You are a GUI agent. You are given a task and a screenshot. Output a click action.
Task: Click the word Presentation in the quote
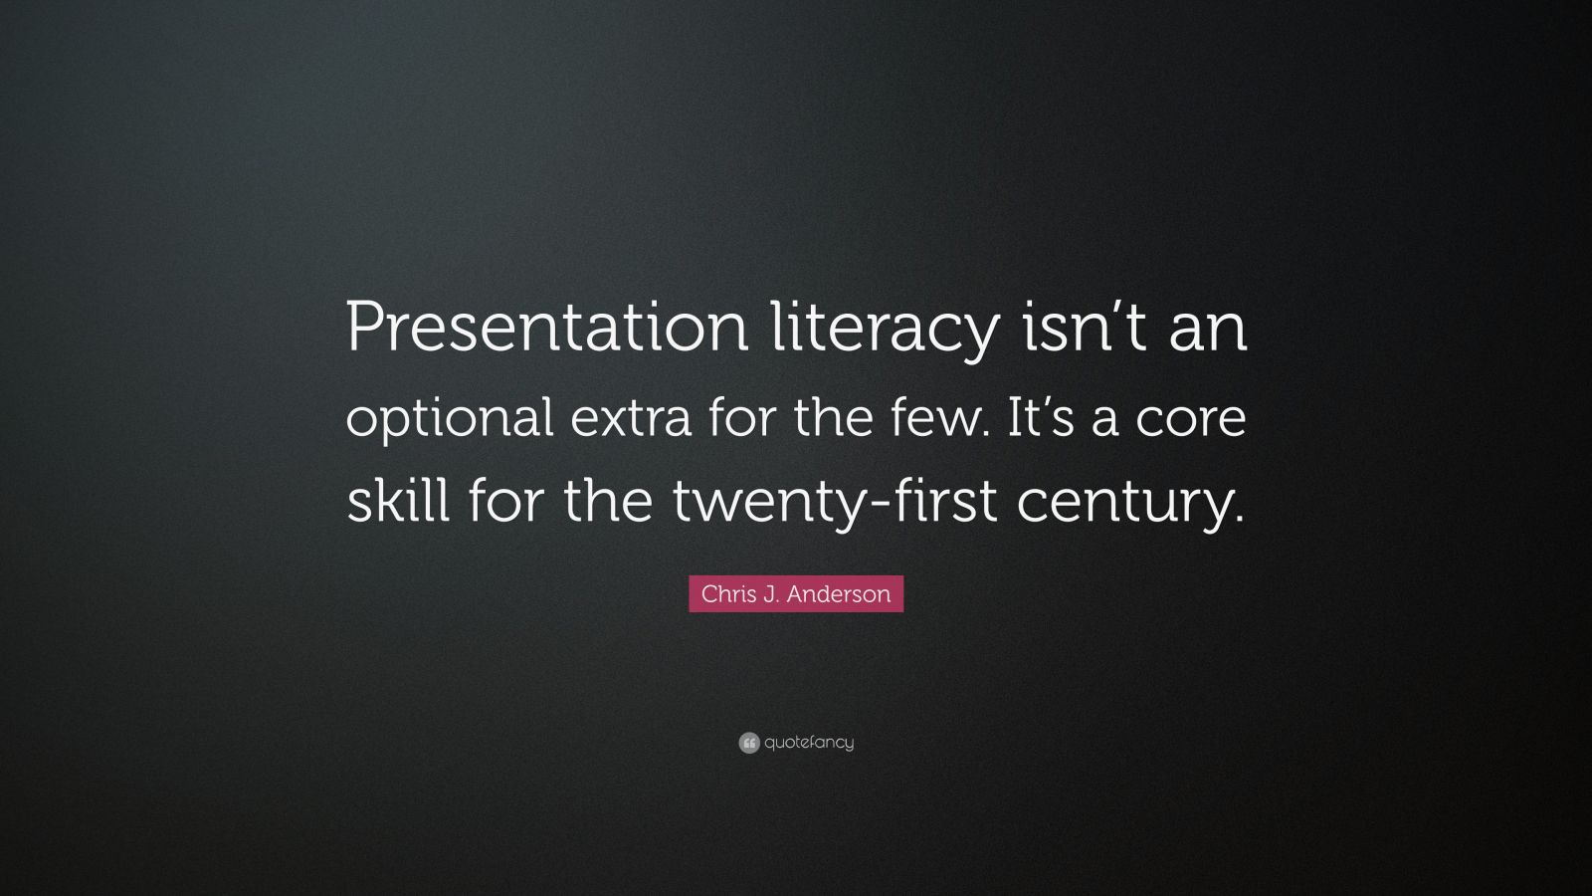pyautogui.click(x=546, y=329)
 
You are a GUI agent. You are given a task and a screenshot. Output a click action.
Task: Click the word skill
pyautogui.click(x=397, y=500)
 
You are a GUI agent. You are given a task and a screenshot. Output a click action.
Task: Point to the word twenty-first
pyautogui.click(x=834, y=502)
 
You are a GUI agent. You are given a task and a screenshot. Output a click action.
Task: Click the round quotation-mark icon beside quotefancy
pyautogui.click(x=749, y=743)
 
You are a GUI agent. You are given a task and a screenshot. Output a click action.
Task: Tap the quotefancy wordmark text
pyautogui.click(x=809, y=743)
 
